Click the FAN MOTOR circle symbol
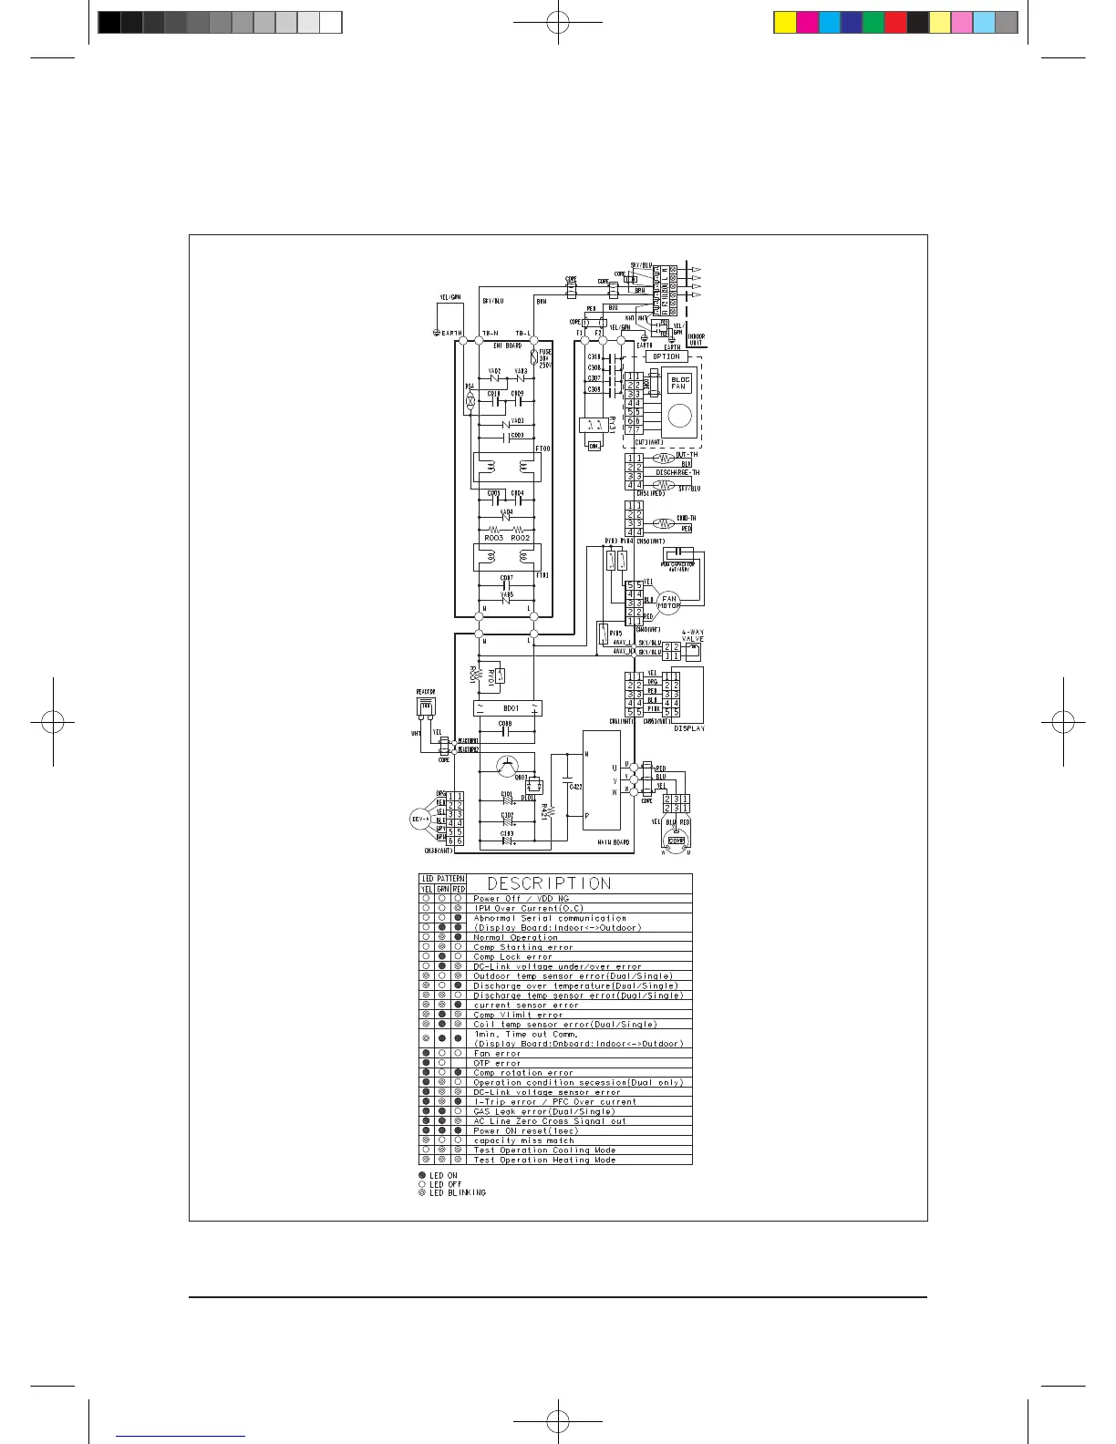click(x=669, y=603)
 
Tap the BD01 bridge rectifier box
click(x=509, y=707)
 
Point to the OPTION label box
click(x=666, y=356)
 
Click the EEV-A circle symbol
click(x=420, y=819)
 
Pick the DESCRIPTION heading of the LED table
click(x=549, y=883)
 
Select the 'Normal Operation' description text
click(x=515, y=937)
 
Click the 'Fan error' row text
click(x=497, y=1053)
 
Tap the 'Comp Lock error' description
click(x=512, y=956)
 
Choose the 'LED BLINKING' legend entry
click(x=457, y=1192)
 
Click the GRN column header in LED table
click(x=442, y=889)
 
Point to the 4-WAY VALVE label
click(x=693, y=635)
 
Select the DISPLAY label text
click(x=689, y=728)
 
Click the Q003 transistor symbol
click(x=508, y=766)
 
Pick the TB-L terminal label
click(x=523, y=333)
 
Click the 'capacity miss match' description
click(x=523, y=1140)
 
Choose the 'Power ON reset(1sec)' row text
click(x=525, y=1130)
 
